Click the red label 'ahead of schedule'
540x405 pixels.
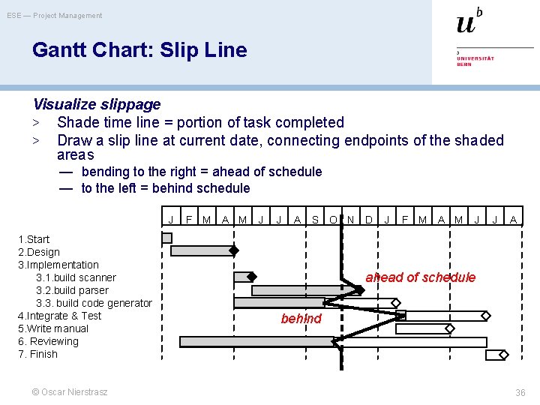click(420, 277)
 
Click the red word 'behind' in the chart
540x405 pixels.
click(301, 319)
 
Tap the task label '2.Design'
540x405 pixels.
click(39, 252)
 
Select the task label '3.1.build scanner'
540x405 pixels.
click(76, 277)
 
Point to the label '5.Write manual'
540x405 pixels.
click(52, 328)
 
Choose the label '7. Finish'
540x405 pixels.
click(37, 354)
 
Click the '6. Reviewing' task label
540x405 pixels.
click(48, 341)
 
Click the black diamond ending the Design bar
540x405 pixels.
click(234, 250)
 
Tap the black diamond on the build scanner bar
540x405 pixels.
click(252, 276)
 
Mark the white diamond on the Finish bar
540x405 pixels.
click(503, 355)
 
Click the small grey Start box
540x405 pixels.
click(166, 238)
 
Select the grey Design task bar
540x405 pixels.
click(201, 251)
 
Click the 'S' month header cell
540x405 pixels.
click(315, 220)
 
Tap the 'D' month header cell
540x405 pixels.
click(368, 220)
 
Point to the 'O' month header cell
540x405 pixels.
click(333, 220)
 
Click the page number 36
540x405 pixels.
click(520, 393)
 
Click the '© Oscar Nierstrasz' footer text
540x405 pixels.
click(70, 392)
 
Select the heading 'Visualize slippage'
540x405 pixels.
click(96, 104)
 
